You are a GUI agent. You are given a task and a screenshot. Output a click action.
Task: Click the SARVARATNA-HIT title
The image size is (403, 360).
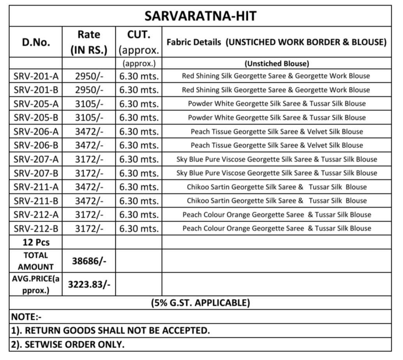pos(200,16)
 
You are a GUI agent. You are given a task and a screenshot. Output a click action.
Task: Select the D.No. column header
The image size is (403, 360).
pos(36,42)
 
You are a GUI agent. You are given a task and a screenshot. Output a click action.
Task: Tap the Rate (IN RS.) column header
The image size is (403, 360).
pos(89,42)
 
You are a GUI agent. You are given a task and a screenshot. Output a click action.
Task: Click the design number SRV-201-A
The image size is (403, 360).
pos(36,76)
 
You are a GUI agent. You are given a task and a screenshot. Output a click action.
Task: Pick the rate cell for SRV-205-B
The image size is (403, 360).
pos(89,118)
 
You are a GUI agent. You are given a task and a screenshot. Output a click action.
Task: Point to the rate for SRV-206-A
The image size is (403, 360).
pos(89,132)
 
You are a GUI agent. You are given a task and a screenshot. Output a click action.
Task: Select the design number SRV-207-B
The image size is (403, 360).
pos(36,173)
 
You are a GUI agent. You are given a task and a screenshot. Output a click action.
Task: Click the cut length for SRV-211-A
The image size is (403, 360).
pos(139,187)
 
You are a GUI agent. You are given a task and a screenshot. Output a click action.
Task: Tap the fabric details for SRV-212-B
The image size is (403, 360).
pos(277,228)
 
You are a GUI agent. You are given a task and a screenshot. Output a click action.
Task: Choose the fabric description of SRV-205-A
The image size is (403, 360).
pos(277,104)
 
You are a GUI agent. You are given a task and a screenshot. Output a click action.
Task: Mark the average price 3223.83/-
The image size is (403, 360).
pos(89,284)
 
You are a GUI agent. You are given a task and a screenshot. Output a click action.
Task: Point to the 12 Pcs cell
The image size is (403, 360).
pos(36,242)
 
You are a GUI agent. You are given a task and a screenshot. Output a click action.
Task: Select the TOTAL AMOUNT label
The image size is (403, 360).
pos(36,261)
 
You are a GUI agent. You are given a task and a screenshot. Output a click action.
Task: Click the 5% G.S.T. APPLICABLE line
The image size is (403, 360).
pos(200,303)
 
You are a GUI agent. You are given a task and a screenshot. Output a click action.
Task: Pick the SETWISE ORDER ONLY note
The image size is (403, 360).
pos(68,344)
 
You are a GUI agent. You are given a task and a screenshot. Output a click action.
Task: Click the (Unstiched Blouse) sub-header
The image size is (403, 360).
pos(277,64)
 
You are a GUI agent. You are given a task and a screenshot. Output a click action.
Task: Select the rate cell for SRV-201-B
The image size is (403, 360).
pos(89,90)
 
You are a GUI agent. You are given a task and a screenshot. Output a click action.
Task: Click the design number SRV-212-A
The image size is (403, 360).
pos(36,215)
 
